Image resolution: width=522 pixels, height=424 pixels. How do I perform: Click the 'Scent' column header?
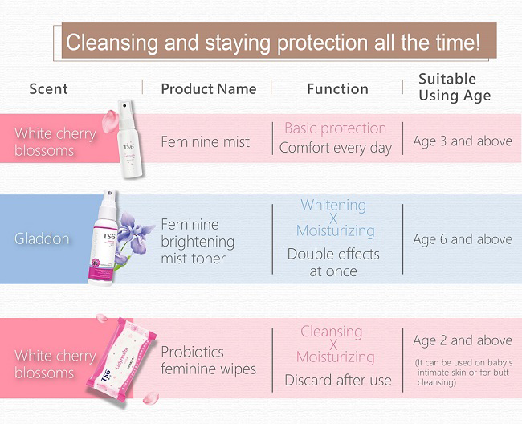coord(49,89)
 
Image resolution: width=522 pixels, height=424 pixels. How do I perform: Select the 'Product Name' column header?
coord(209,89)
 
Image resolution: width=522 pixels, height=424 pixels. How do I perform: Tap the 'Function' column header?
coord(337,89)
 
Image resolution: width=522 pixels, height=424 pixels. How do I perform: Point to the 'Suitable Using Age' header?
coord(455,88)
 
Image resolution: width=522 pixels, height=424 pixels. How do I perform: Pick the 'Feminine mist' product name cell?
coord(205,142)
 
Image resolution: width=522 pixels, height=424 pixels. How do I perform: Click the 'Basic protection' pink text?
coord(335,128)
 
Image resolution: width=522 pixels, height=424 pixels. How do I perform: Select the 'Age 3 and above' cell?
coord(463,141)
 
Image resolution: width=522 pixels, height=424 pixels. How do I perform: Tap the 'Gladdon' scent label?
coord(42,239)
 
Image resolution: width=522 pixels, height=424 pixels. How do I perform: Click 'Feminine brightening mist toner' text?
coord(198,242)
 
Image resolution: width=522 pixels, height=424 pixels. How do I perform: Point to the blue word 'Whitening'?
coord(333,205)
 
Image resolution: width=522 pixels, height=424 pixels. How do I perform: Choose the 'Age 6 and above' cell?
coord(463,239)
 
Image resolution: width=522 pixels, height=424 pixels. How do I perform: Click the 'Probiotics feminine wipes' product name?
coord(209,361)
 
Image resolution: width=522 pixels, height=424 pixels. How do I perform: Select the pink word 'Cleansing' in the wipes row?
coord(331,332)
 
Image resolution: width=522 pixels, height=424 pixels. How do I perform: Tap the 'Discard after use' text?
coord(338,380)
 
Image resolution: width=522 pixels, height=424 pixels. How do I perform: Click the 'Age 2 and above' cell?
coord(463,340)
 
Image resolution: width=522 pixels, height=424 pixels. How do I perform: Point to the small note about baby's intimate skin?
coord(463,373)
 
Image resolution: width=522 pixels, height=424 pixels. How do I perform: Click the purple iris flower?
coord(135,232)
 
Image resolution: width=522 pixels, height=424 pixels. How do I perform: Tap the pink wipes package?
coord(120,359)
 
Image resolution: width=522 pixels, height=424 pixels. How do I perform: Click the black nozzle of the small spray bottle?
coord(124,106)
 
